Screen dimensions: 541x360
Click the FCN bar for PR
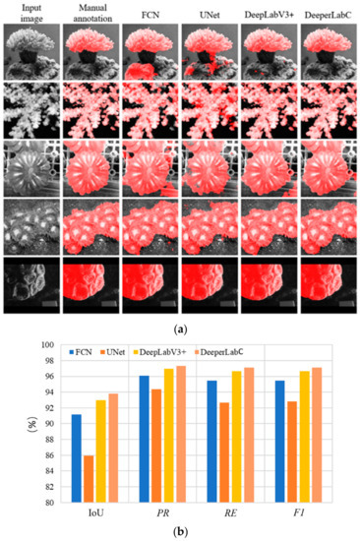(144, 439)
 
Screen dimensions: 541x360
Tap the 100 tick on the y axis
(46, 345)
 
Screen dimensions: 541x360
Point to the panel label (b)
(179, 532)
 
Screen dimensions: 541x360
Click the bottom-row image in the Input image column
(30, 285)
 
